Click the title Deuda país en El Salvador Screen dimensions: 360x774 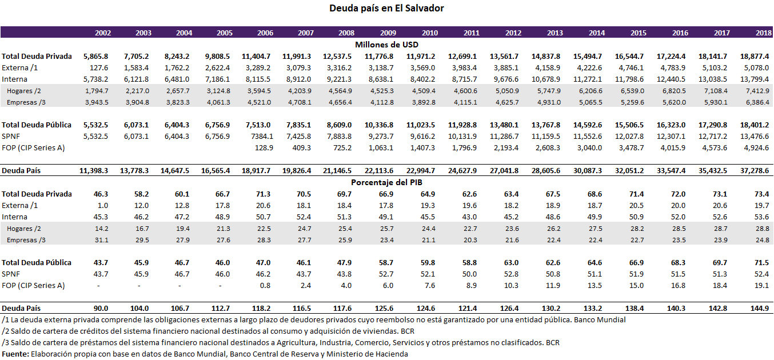point(386,8)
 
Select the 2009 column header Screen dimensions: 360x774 point(388,33)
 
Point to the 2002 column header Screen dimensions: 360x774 point(103,33)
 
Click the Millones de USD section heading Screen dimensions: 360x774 point(387,44)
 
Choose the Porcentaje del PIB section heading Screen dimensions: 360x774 point(387,182)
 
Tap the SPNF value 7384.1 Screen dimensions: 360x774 point(260,136)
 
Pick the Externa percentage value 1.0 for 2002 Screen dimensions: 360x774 point(103,205)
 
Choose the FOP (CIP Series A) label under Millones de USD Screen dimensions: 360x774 point(33,147)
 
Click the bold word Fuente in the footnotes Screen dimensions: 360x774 point(15,354)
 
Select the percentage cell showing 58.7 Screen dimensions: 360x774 point(388,262)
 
